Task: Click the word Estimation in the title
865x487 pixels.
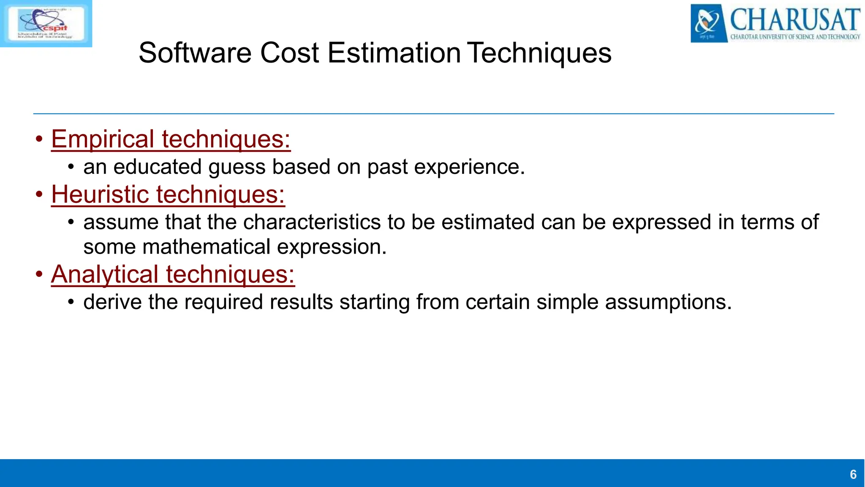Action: (x=394, y=53)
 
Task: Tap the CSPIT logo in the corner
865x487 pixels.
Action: (x=46, y=23)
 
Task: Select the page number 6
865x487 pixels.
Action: (x=853, y=474)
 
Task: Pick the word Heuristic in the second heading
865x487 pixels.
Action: (x=100, y=194)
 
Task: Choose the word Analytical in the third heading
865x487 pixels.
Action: (x=105, y=274)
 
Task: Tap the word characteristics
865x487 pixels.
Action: (x=312, y=222)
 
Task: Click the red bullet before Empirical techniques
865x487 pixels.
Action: (x=39, y=139)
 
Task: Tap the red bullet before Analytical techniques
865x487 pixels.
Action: (x=39, y=274)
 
